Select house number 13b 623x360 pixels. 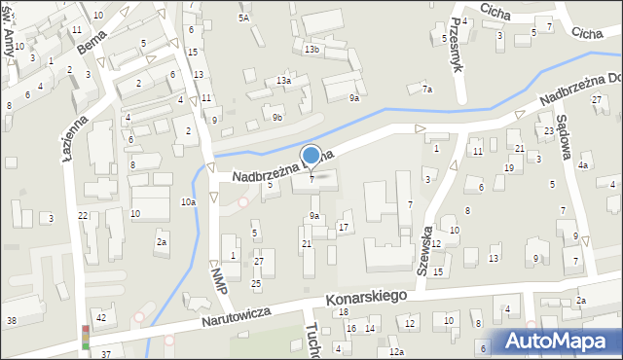pos(311,49)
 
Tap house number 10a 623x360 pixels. pos(188,201)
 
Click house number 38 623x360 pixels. pos(12,320)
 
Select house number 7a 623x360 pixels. pos(426,90)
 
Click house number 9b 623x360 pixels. pos(277,118)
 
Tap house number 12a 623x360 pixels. pos(396,351)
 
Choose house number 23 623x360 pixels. pos(549,130)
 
